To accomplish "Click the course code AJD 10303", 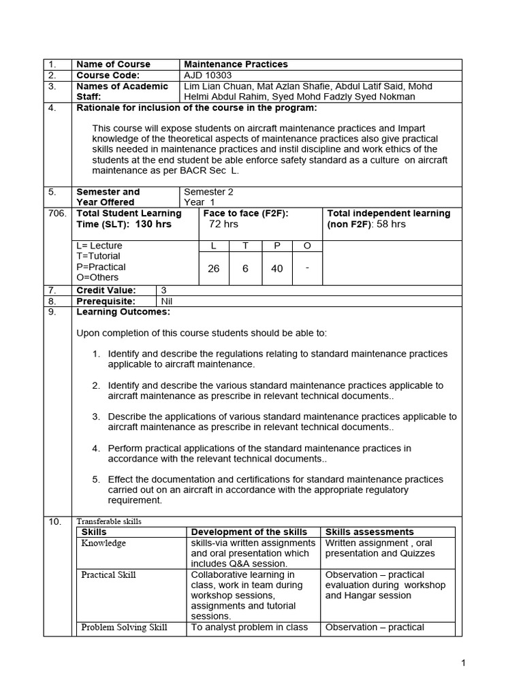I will [208, 75].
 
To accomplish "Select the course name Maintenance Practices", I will [236, 64].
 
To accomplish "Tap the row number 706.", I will [57, 213].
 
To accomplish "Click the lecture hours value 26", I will [214, 269].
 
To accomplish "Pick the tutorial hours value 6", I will [245, 269].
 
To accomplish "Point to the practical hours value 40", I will [276, 269].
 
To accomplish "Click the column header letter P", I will [276, 245].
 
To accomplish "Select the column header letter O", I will [307, 245].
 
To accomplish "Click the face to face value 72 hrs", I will [223, 224].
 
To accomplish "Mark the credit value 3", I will [163, 290].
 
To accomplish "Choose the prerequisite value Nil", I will [167, 301].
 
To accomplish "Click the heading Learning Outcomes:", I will [123, 312].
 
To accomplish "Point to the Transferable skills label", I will [109, 521].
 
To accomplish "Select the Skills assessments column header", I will [369, 532].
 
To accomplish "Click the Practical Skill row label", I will [108, 574].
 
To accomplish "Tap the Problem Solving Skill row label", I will [124, 627].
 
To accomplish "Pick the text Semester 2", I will [208, 192].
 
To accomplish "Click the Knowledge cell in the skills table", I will [104, 543].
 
